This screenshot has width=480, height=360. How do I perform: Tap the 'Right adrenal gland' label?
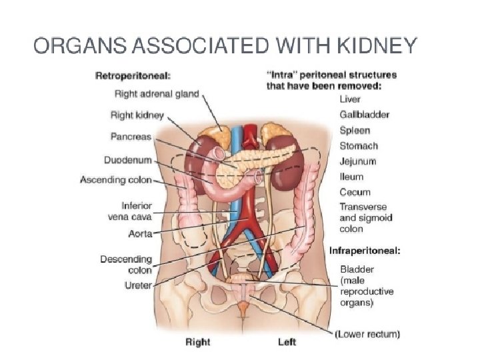pyautogui.click(x=156, y=94)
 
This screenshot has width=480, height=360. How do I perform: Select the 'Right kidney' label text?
pyautogui.click(x=137, y=115)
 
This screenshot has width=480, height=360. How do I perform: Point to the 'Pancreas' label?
pyautogui.click(x=131, y=137)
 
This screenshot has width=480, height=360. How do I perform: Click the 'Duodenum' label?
pyautogui.click(x=127, y=160)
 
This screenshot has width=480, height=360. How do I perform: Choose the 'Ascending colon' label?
pyautogui.click(x=115, y=180)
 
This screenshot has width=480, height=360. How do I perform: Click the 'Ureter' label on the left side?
pyautogui.click(x=139, y=285)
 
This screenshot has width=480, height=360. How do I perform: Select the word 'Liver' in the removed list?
pyautogui.click(x=351, y=99)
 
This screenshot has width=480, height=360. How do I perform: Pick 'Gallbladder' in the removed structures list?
pyautogui.click(x=365, y=115)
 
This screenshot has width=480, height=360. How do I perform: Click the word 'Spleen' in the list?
pyautogui.click(x=355, y=130)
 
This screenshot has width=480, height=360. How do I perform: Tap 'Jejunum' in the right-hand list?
pyautogui.click(x=358, y=161)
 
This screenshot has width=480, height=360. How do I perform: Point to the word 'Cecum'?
pyautogui.click(x=355, y=192)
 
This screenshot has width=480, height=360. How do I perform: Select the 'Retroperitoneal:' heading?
pyautogui.click(x=133, y=75)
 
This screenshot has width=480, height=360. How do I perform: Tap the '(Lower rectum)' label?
pyautogui.click(x=367, y=333)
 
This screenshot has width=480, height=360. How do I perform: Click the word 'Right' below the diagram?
pyautogui.click(x=197, y=342)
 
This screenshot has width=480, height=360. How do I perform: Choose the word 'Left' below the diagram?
pyautogui.click(x=287, y=342)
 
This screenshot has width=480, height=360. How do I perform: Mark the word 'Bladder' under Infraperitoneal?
pyautogui.click(x=357, y=270)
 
